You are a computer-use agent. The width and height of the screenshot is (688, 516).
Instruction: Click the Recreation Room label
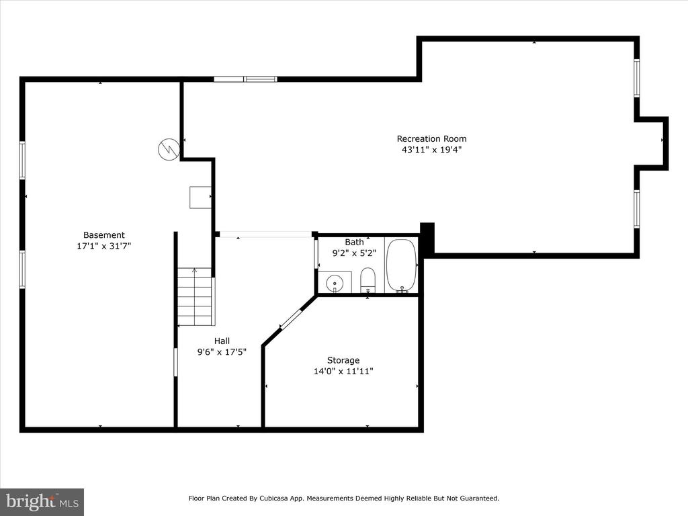coord(432,138)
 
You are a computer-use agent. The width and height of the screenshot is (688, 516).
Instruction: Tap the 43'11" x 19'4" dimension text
coord(432,150)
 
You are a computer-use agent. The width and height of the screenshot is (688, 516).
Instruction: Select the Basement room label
coord(104,235)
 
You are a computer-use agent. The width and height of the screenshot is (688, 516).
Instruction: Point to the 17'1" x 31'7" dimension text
coord(104,246)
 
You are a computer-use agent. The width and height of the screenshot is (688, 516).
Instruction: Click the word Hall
coord(222,341)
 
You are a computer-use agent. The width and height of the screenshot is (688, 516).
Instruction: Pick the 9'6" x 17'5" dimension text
coord(222,352)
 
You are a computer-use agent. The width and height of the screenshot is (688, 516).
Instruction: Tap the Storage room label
coord(343,360)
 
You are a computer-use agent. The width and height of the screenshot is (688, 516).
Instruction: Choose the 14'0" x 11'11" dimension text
coord(343,371)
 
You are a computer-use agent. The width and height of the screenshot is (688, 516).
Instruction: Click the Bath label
coord(354,242)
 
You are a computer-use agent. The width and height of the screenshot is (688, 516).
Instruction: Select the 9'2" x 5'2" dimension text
coord(354,253)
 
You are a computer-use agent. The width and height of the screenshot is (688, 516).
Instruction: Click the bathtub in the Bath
coord(402,265)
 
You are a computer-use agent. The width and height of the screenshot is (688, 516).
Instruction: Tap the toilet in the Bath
coord(368,280)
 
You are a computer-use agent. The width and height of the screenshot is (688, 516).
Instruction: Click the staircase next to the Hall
coord(196,297)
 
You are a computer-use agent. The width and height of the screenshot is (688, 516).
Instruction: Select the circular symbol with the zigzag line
coord(169,149)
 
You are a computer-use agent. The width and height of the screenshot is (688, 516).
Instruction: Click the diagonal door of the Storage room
coord(291,319)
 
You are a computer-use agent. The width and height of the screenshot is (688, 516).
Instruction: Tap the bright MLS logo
coord(42,502)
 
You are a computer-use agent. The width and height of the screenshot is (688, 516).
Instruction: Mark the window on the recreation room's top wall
coord(245,79)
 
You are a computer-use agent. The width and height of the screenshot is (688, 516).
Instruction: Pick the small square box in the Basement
coord(200,198)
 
